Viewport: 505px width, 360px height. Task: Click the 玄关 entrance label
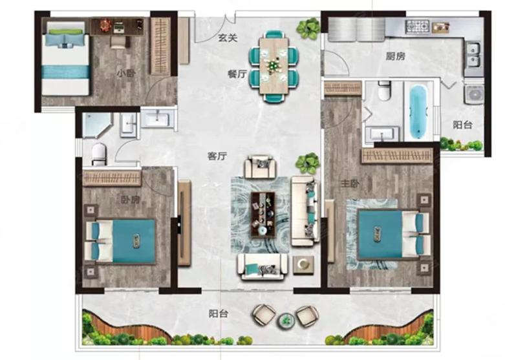(228, 38)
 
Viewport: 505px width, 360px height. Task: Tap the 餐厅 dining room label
(237, 74)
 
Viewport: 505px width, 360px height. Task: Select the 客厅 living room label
(217, 156)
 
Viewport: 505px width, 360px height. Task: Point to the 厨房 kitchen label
(396, 57)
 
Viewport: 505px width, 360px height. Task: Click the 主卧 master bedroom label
(350, 184)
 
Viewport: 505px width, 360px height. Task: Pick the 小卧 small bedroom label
(126, 74)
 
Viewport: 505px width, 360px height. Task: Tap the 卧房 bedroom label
(131, 200)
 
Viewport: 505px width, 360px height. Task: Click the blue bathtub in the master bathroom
(418, 112)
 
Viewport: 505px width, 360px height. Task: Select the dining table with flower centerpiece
(273, 65)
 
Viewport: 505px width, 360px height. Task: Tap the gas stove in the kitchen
(418, 26)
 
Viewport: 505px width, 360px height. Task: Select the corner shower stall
(96, 125)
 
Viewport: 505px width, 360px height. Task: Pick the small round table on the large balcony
(286, 320)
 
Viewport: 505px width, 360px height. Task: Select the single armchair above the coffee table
(261, 167)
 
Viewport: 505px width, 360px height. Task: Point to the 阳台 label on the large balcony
(218, 313)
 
